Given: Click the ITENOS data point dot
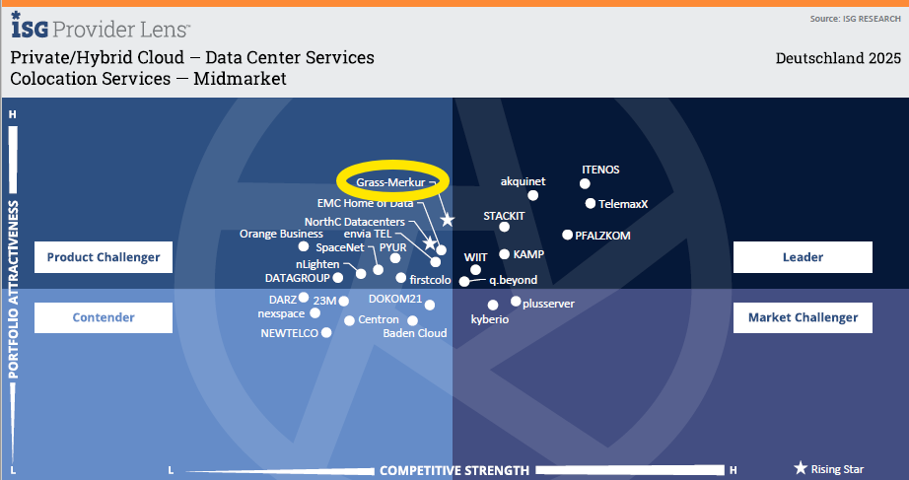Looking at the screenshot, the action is pos(585,183).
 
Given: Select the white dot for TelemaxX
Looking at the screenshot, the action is pos(591,203).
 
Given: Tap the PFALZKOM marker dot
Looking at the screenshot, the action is pos(567,235).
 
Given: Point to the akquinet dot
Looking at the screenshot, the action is pos(532,195).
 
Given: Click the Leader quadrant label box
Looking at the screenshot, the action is pos(803,257).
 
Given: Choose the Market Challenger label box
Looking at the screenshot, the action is pos(803,317).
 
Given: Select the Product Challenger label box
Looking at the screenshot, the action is pos(104,257).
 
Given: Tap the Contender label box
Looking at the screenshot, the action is pos(104,317).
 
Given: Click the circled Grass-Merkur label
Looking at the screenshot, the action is pos(390,182).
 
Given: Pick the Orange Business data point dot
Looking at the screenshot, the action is pos(304,246).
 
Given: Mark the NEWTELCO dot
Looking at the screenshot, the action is pos(326,332).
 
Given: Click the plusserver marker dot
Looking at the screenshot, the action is pos(516,301).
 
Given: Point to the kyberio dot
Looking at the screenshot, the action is pos(493,305).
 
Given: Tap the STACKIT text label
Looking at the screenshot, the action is pos(504,216).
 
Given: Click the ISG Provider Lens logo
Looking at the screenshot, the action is pos(101,26).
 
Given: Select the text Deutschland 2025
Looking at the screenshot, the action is pos(838,58).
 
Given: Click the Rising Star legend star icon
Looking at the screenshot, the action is pos(801,468).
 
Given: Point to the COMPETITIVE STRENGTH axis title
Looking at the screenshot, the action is pos(454,470).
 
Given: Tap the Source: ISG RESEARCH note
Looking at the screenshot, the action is pos(855,19).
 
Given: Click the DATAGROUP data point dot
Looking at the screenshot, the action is pos(338,278).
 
